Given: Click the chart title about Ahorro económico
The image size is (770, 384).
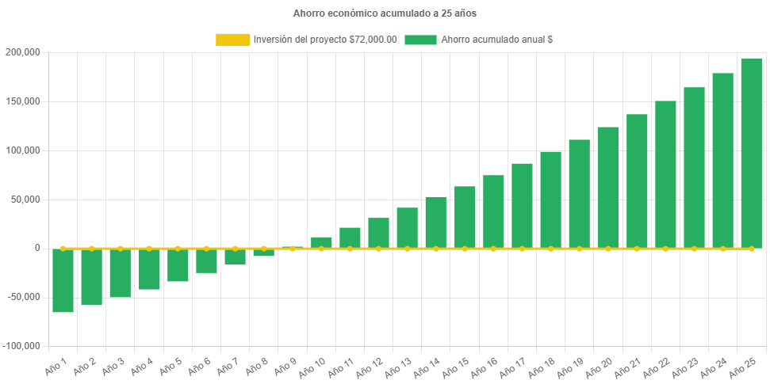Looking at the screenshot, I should (x=385, y=13).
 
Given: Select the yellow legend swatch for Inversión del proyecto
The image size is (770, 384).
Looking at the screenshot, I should (x=232, y=40).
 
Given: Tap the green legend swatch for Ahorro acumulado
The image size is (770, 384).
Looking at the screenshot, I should (x=420, y=40).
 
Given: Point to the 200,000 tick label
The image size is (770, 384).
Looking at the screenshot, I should (x=24, y=52).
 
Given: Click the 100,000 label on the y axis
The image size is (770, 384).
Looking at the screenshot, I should (x=24, y=150).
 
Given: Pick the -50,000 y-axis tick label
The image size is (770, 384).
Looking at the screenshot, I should (x=24, y=297).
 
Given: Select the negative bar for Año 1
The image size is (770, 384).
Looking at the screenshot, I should (x=63, y=280).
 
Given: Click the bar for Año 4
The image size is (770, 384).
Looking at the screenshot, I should (x=149, y=269).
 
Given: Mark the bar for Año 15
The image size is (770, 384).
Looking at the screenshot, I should (x=465, y=217).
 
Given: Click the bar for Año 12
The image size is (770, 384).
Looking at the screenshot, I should (x=378, y=233).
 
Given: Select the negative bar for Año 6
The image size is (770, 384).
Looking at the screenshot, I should (x=206, y=261).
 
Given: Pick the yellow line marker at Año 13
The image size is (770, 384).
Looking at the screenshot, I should (x=408, y=249).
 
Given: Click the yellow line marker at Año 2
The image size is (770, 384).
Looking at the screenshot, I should (x=92, y=248).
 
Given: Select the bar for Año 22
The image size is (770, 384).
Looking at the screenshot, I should (x=665, y=174).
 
